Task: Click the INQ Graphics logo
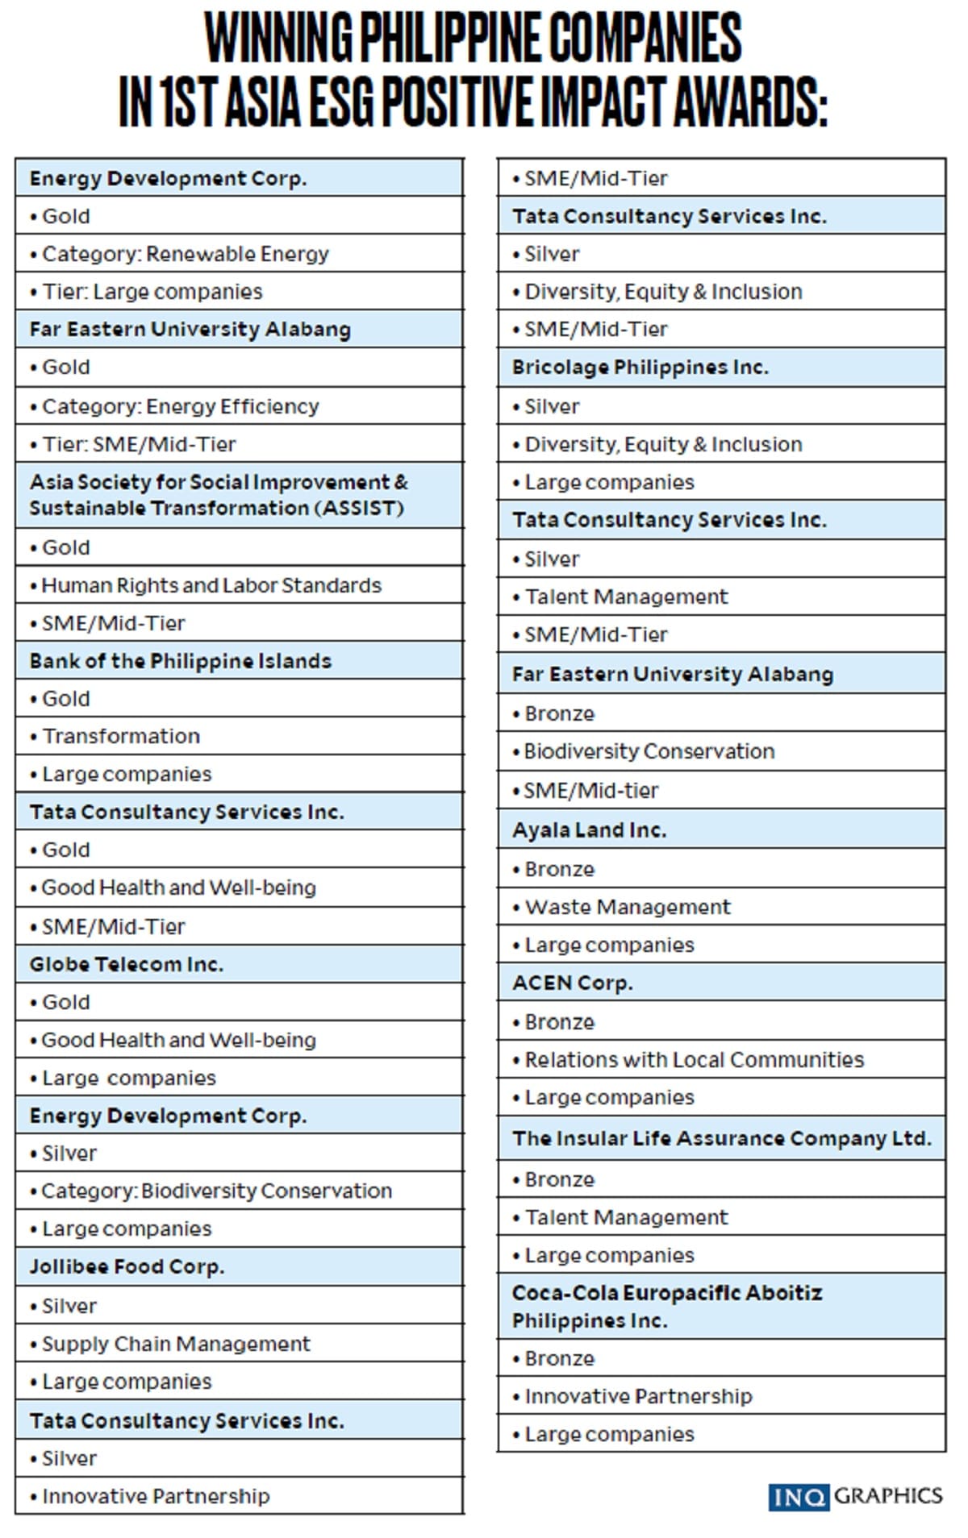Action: pyautogui.click(x=855, y=1496)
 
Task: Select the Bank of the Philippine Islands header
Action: pyautogui.click(x=181, y=661)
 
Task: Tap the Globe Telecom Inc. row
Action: pyautogui.click(x=127, y=964)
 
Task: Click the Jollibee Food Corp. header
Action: pyautogui.click(x=127, y=1266)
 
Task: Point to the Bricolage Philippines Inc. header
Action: pyautogui.click(x=640, y=368)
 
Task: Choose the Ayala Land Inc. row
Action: pyautogui.click(x=590, y=829)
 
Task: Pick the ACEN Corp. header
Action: pyautogui.click(x=573, y=983)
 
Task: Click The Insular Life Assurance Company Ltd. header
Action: pyautogui.click(x=720, y=1138)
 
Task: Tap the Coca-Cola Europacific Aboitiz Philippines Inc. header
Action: pyautogui.click(x=666, y=1306)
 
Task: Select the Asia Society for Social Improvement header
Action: pyautogui.click(x=218, y=495)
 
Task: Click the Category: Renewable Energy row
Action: pyautogui.click(x=186, y=254)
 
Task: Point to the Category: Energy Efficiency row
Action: pyautogui.click(x=181, y=406)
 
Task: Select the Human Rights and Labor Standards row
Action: pyautogui.click(x=211, y=585)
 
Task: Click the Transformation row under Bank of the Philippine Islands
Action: pyautogui.click(x=121, y=736)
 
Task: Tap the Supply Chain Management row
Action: pyautogui.click(x=176, y=1344)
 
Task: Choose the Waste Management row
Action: pyautogui.click(x=628, y=907)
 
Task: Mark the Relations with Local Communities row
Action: pyautogui.click(x=694, y=1059)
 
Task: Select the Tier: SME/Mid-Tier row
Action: pyautogui.click(x=139, y=444)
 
